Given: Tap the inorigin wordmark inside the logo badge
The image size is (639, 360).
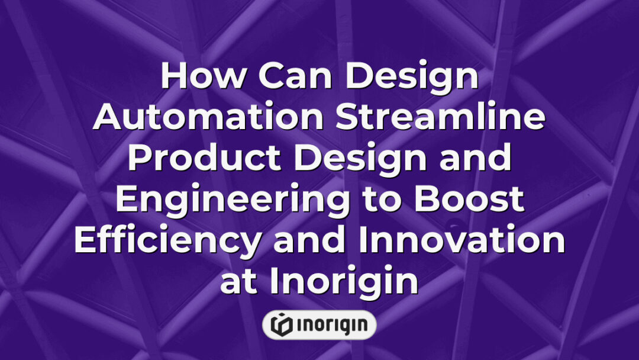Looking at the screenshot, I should [331, 324].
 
